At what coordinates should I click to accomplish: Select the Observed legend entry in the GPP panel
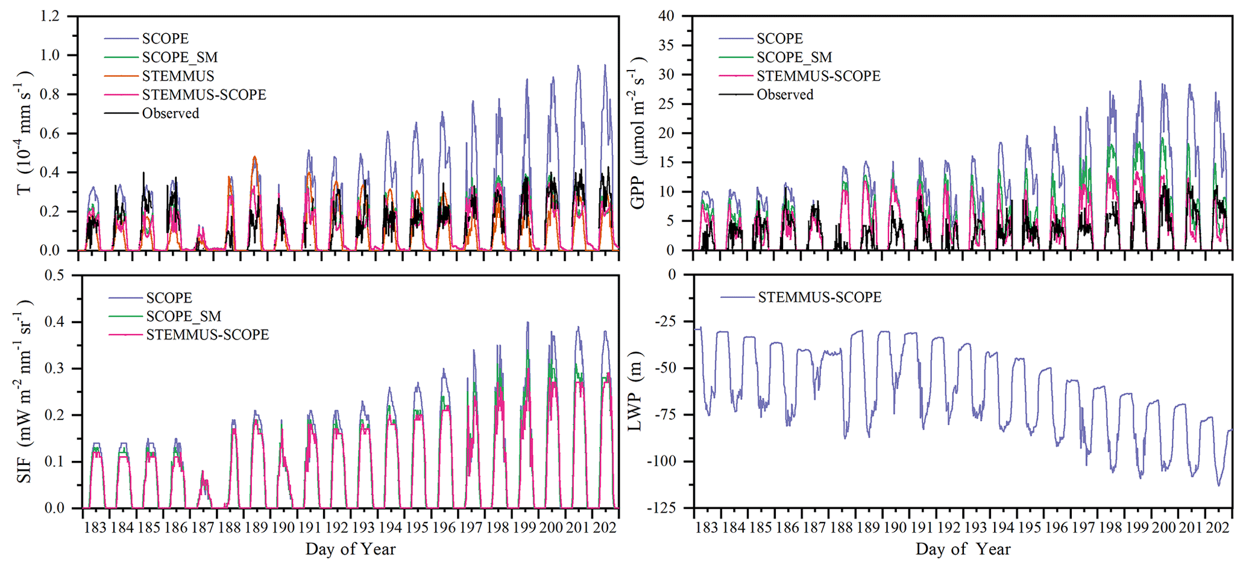[785, 95]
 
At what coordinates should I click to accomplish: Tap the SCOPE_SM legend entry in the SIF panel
[183, 316]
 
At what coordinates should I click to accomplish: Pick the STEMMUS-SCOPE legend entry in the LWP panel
[819, 297]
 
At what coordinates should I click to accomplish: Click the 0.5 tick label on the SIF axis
[54, 275]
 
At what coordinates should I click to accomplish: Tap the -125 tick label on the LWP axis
[661, 508]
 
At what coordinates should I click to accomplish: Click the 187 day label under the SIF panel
[203, 528]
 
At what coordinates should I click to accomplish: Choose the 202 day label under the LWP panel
[1217, 528]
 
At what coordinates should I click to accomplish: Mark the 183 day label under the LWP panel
[706, 528]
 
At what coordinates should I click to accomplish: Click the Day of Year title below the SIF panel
[350, 549]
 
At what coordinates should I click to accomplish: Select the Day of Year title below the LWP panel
[963, 549]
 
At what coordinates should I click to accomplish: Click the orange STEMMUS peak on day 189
[255, 157]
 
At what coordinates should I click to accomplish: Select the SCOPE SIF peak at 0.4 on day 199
[527, 323]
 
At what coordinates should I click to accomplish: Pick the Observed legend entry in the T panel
[170, 113]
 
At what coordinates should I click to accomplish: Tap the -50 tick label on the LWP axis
[665, 368]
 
